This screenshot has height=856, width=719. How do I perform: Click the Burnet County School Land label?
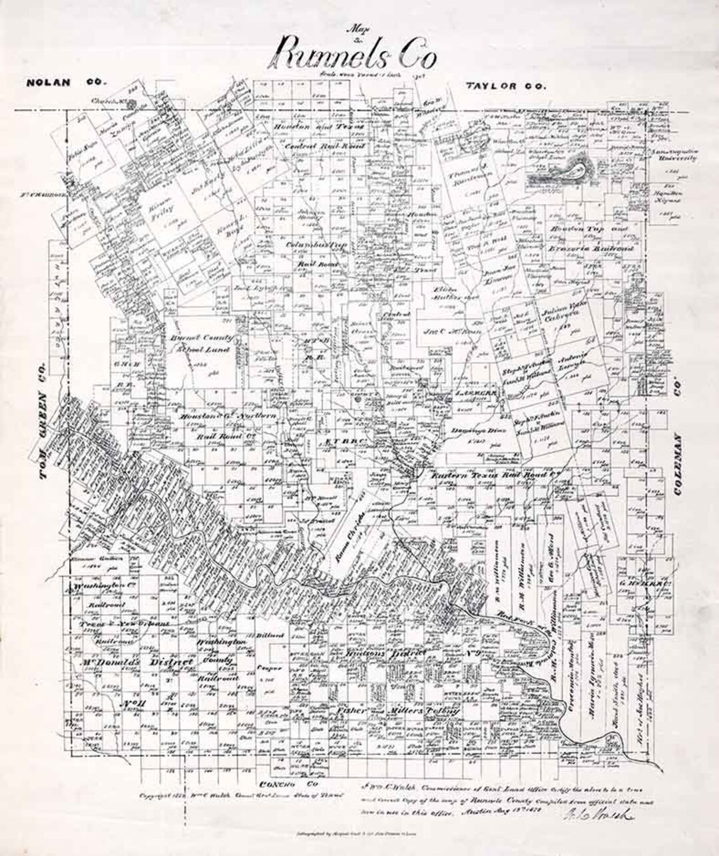(x=200, y=343)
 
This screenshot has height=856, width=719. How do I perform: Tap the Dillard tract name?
(x=272, y=636)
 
